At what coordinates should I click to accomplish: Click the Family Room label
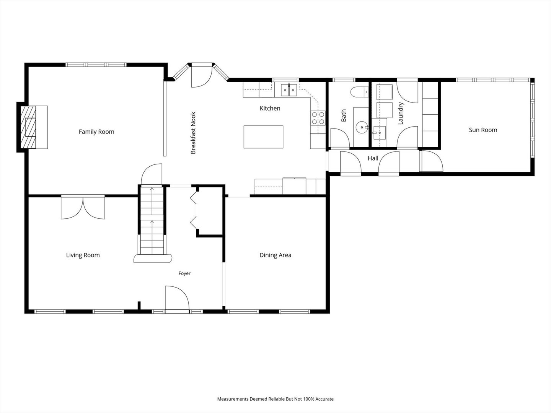click(96, 132)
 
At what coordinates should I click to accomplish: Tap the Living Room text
click(83, 255)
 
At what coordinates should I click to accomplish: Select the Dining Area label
click(275, 255)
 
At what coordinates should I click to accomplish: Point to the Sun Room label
click(483, 130)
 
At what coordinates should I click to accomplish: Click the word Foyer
click(184, 273)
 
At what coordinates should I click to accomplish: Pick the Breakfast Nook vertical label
click(193, 133)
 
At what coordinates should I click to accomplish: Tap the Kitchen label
click(270, 108)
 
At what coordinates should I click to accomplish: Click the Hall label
click(373, 158)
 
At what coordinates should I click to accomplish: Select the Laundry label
click(401, 113)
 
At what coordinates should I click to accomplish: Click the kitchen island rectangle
click(263, 137)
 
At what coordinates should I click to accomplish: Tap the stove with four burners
click(318, 118)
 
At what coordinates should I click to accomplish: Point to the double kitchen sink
click(289, 90)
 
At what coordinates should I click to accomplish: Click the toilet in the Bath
click(359, 92)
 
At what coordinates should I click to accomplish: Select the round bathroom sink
click(362, 127)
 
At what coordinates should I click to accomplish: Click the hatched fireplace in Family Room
click(28, 127)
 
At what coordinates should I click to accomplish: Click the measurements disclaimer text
click(275, 399)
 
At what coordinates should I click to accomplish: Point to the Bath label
click(343, 115)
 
